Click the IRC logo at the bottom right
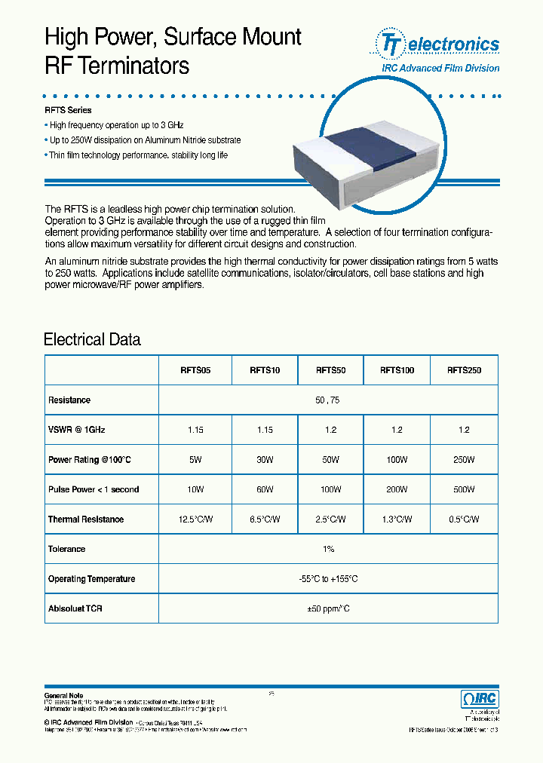click(478, 698)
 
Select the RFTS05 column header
click(195, 370)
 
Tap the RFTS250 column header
click(464, 370)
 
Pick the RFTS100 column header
click(397, 370)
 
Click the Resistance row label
click(69, 400)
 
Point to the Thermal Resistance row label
click(86, 519)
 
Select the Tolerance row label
click(67, 549)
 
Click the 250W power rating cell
click(464, 460)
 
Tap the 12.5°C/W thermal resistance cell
click(195, 519)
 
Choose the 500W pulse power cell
click(464, 489)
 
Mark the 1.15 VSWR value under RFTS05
click(195, 430)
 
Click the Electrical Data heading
click(92, 339)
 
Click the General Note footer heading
click(63, 695)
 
